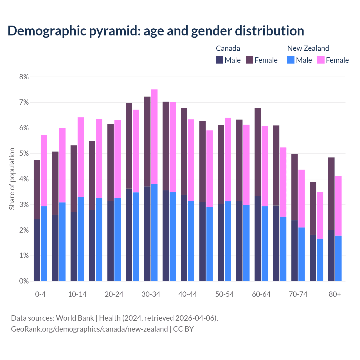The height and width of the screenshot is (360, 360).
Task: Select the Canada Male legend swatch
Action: coord(220,60)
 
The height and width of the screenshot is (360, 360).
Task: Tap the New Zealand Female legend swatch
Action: coord(321,60)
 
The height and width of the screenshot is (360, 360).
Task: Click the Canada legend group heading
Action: coord(228,48)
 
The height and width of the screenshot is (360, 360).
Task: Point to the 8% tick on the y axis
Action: coord(24,77)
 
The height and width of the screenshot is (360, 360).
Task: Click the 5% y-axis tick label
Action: coord(24,154)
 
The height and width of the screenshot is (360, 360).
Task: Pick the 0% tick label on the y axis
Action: coord(24,281)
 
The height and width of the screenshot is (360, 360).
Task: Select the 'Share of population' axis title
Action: coord(12,179)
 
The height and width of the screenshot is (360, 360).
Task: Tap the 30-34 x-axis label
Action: coord(151,294)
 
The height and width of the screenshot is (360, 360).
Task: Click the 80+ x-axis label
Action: coord(335,294)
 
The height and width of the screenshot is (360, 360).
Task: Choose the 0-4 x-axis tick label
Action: coord(40,294)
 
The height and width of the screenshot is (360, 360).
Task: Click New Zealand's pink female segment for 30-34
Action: coord(154,137)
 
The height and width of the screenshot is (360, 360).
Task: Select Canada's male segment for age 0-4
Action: coord(37,250)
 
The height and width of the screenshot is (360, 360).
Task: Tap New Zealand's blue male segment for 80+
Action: coord(338,258)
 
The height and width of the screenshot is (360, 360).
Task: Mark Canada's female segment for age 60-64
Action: coord(258,152)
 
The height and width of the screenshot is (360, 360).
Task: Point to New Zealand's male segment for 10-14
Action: coord(81,239)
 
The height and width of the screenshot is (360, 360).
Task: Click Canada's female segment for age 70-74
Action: coord(294,187)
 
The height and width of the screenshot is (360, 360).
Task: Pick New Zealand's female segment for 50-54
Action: coord(228,159)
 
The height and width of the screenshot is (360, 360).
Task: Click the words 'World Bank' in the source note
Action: coord(75,318)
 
